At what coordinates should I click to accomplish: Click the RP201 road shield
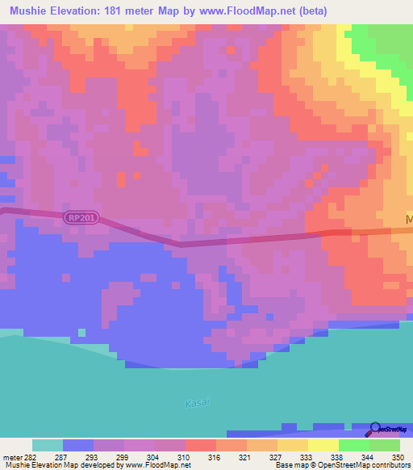81,217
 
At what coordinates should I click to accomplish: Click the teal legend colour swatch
48,445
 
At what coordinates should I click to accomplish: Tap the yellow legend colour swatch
323,445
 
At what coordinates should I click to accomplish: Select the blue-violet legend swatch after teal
78,445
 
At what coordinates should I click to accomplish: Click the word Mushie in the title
33,11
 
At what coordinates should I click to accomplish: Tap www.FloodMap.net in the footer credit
156,465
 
